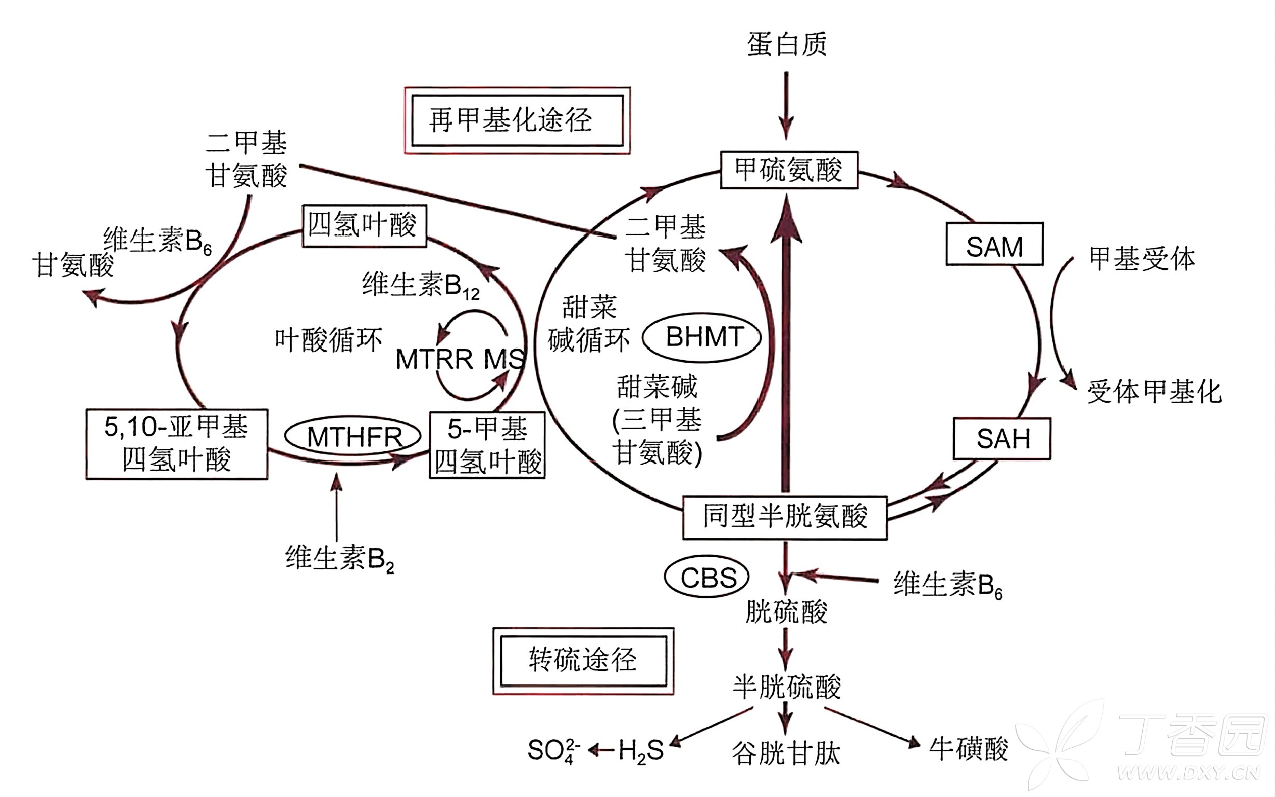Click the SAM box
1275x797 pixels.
pyautogui.click(x=994, y=244)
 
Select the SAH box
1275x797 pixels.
pyautogui.click(x=1002, y=438)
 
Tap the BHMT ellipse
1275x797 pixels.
pyautogui.click(x=702, y=337)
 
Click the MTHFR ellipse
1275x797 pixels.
pyautogui.click(x=353, y=436)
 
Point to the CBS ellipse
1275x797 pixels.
pyautogui.click(x=707, y=577)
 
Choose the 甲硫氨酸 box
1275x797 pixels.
pyautogui.click(x=789, y=170)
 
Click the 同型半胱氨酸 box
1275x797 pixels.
pyautogui.click(x=784, y=517)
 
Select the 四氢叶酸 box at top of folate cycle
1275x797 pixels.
pyautogui.click(x=364, y=226)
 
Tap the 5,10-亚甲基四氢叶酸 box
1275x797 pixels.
pyautogui.click(x=176, y=444)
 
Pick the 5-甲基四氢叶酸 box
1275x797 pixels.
pyautogui.click(x=487, y=445)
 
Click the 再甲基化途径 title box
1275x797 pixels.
pyautogui.click(x=517, y=120)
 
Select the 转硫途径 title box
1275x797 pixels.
pyautogui.click(x=583, y=661)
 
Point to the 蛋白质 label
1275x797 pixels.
pyautogui.click(x=786, y=44)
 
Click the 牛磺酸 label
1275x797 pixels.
pyautogui.click(x=968, y=749)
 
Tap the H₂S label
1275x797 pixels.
pyautogui.click(x=640, y=750)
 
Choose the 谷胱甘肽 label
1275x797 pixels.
pyautogui.click(x=785, y=753)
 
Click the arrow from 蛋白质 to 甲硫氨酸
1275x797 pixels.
pyautogui.click(x=786, y=105)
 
